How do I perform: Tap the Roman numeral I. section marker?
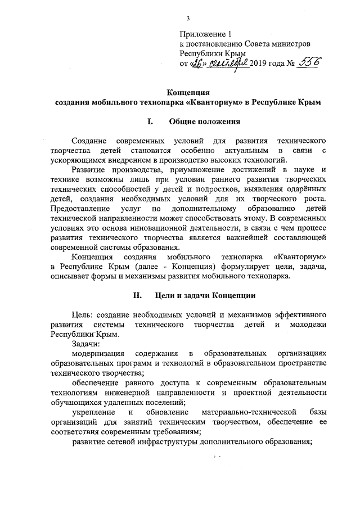click(x=150, y=121)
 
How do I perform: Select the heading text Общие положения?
click(x=205, y=121)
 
